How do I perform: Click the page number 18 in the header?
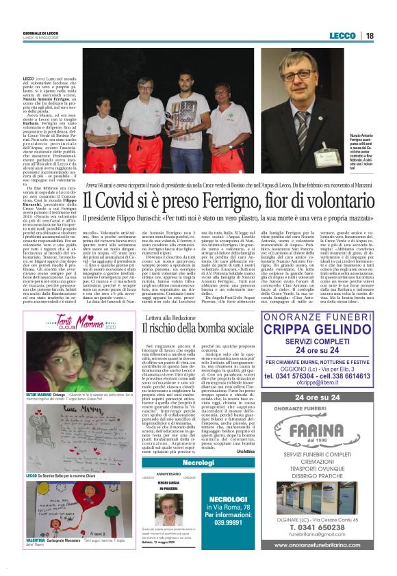pyautogui.click(x=369, y=35)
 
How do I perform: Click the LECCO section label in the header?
pyautogui.click(x=342, y=35)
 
